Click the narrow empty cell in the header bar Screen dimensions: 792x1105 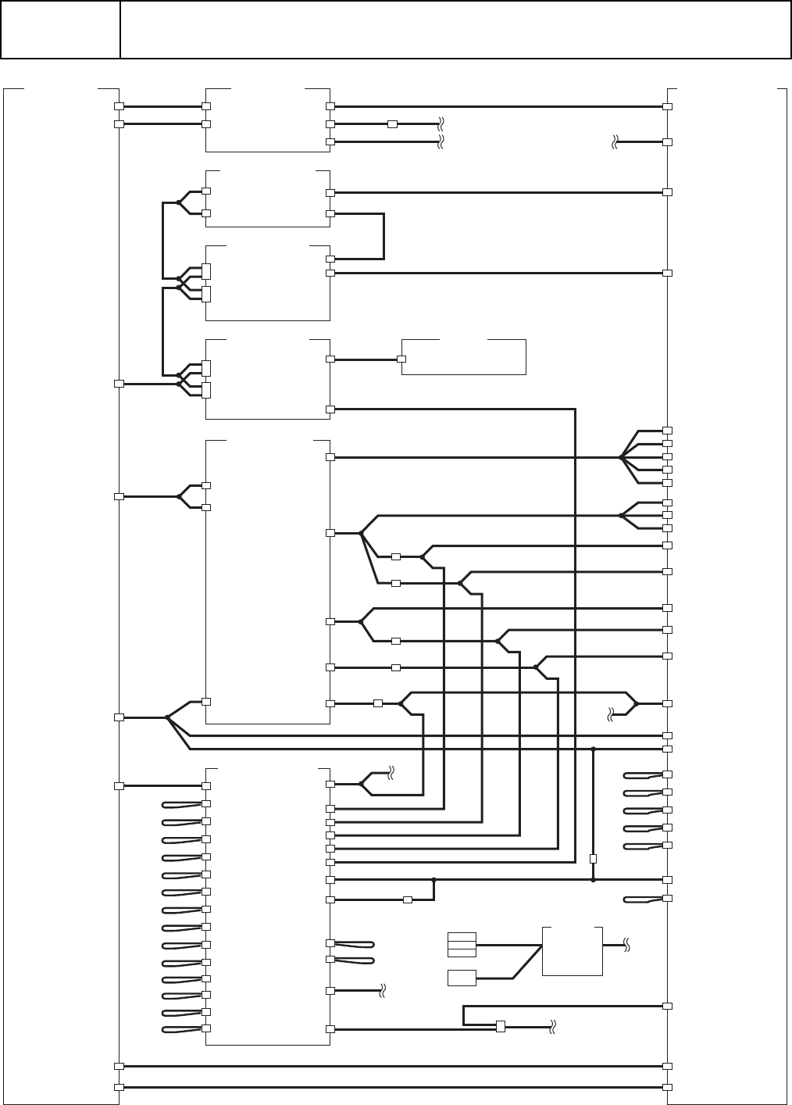[x=60, y=30]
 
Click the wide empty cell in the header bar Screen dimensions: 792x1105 [x=455, y=30]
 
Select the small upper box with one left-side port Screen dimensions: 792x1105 [x=463, y=357]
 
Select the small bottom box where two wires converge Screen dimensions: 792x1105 [x=572, y=951]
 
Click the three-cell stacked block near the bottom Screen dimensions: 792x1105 [x=462, y=945]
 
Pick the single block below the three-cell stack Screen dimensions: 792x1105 [x=462, y=977]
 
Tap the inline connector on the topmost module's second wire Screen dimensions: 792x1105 [x=392, y=123]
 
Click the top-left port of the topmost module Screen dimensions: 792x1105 [x=207, y=105]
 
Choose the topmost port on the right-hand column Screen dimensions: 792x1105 [x=668, y=105]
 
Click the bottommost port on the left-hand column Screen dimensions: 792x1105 [x=119, y=1087]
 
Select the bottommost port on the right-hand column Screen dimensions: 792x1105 [x=668, y=1087]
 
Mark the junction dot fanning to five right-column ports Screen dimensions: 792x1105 [x=621, y=457]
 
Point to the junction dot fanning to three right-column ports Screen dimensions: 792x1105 [x=621, y=516]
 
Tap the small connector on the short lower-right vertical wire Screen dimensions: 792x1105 [x=593, y=858]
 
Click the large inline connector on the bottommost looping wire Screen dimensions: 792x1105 [x=501, y=1026]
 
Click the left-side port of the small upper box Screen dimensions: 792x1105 [x=401, y=359]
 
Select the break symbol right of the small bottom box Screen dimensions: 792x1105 [x=626, y=946]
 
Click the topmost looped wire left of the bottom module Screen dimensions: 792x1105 [x=181, y=804]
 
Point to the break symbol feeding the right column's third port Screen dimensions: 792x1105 [x=615, y=142]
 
